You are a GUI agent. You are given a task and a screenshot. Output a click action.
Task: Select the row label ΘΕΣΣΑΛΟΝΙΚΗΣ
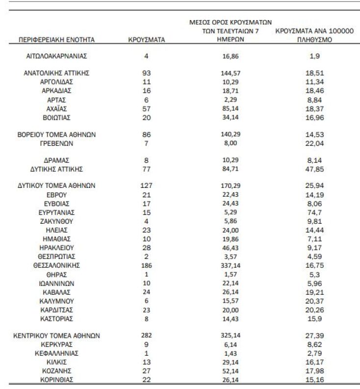coord(56,265)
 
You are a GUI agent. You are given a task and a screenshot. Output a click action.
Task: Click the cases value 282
coord(146,336)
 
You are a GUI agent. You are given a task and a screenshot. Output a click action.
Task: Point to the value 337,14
coord(230,265)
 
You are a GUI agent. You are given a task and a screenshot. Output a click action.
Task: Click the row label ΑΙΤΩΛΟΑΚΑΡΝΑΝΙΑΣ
coord(56,56)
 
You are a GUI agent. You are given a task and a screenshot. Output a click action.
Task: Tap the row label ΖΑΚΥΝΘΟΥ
coord(56,221)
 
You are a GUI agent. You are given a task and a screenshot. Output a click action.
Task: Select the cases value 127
coord(146,186)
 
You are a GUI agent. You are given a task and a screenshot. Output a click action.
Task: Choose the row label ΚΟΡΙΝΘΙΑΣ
coord(56,380)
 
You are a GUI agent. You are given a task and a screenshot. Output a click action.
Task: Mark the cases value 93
coord(146,73)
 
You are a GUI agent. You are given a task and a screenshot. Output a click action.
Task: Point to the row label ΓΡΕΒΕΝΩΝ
coord(56,144)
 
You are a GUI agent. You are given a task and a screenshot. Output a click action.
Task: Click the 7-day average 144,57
coord(230,73)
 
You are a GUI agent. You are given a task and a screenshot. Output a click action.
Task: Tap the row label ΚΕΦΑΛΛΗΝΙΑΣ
coord(56,354)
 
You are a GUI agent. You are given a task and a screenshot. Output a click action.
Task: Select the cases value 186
coord(146,265)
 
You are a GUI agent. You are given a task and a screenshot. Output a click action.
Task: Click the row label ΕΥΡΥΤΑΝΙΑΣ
coord(56,212)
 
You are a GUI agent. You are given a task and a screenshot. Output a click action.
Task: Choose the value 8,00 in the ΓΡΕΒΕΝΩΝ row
coord(230,144)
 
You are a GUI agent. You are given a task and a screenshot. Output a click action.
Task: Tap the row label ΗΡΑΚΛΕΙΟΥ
coord(56,248)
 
